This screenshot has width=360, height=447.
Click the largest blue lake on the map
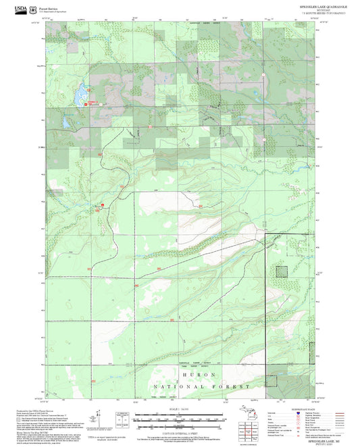tap(80, 90)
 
